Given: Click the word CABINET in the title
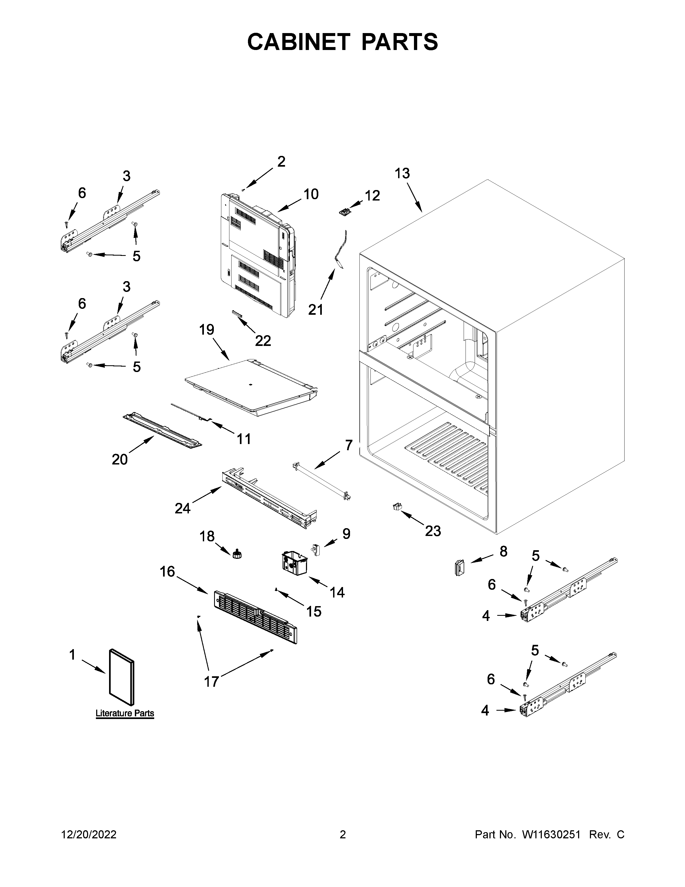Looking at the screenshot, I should [298, 42].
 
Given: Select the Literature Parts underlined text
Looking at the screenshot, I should [125, 713].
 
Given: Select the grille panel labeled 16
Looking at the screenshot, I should [255, 617].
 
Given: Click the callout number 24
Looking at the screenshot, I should [183, 508].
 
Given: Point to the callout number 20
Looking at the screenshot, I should [120, 459].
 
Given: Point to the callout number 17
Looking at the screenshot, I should [211, 681].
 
